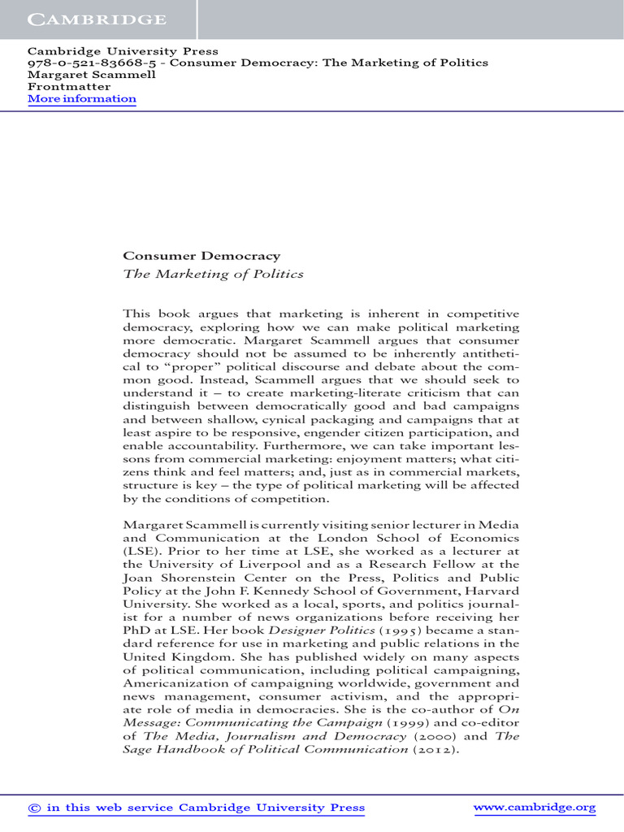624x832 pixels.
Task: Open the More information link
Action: click(x=82, y=99)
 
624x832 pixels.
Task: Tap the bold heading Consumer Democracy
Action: click(x=201, y=256)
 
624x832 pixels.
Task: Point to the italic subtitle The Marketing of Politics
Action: click(x=212, y=274)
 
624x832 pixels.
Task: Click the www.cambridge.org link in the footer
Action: click(x=534, y=808)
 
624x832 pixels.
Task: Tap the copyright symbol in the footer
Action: click(x=34, y=808)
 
